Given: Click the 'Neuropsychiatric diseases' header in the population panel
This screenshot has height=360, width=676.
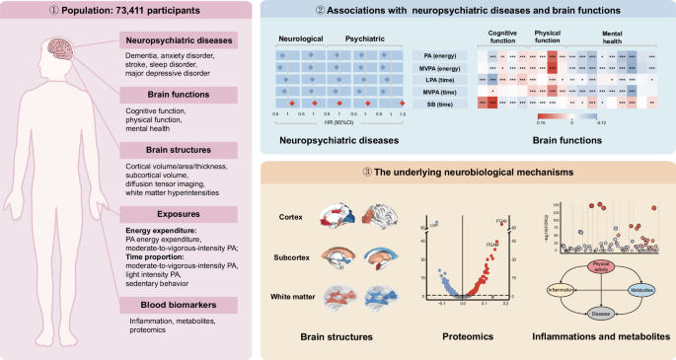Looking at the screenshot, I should tap(177, 40).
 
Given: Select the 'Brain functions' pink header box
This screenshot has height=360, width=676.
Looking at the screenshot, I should tap(177, 95).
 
